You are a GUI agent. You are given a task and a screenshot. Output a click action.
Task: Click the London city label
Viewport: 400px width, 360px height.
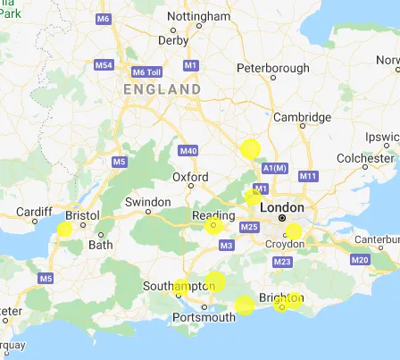coord(284,207)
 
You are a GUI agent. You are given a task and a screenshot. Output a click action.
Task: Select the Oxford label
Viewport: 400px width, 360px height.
coord(190,178)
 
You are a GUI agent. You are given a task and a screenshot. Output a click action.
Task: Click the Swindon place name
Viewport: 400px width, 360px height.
coord(147,202)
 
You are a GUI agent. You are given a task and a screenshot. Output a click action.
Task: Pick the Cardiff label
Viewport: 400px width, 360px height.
coord(35,213)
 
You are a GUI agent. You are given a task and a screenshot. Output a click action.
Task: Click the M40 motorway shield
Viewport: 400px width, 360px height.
coord(187,151)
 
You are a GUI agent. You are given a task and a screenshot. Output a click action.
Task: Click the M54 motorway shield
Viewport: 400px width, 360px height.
coord(104,66)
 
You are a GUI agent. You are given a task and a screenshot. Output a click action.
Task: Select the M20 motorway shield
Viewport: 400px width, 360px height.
coord(361,259)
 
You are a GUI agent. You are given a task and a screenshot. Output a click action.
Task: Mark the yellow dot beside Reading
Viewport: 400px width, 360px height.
coord(212,225)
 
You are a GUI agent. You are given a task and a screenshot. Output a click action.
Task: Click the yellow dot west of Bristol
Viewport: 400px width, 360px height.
coord(64,229)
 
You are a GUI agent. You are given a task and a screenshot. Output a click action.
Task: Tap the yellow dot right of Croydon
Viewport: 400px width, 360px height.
coord(294,231)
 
